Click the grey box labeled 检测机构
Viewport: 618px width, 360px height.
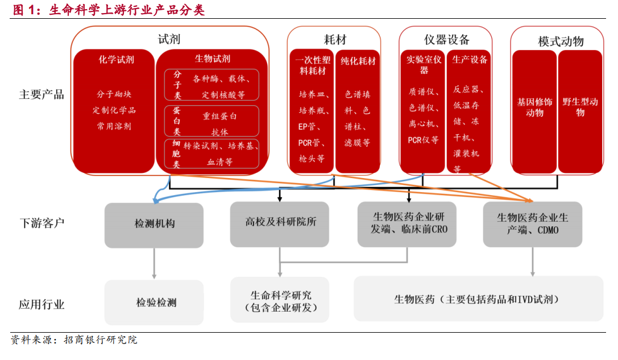point(154,225)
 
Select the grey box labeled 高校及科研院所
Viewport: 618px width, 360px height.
point(280,224)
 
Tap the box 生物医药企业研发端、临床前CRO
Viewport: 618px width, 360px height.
point(407,224)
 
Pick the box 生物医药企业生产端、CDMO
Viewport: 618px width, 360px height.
point(533,224)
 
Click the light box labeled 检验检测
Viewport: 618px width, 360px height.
point(154,303)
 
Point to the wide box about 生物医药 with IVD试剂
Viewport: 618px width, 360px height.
point(479,299)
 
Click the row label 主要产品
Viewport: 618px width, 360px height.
point(42,94)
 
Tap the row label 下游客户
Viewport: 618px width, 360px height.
point(42,223)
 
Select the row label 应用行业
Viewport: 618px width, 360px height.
point(42,304)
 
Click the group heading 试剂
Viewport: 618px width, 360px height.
point(169,39)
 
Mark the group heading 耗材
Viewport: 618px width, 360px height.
point(335,39)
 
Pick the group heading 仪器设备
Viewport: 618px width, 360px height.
point(446,39)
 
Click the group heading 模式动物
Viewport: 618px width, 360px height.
point(561,42)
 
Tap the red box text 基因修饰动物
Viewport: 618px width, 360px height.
point(534,107)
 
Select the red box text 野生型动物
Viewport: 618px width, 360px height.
point(580,107)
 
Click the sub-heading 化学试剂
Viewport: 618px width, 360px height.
point(117,60)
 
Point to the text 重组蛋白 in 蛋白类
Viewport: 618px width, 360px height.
point(219,116)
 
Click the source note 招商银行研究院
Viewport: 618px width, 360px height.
point(101,340)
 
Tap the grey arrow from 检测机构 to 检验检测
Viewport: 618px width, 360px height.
point(154,263)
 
